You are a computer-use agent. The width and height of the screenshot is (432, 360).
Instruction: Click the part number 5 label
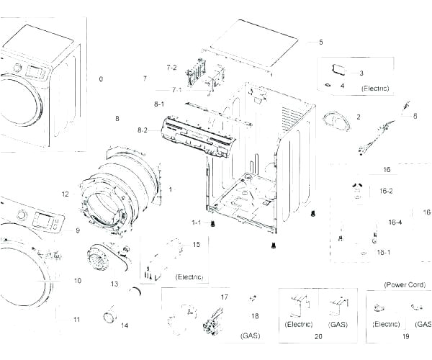coord(321,42)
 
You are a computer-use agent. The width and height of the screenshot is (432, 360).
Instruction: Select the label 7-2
coord(171,68)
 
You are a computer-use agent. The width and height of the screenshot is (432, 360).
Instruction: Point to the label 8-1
coord(159,104)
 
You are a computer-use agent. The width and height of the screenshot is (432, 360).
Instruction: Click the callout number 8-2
coord(143,130)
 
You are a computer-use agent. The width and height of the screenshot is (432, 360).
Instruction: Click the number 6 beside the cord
coord(415,115)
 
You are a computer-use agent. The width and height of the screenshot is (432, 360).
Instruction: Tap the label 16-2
coord(386,191)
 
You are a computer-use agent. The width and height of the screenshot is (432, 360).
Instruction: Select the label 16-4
coord(395,222)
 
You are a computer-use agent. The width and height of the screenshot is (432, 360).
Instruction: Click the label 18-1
coord(384,252)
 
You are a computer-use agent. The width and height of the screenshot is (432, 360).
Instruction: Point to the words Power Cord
coord(405,285)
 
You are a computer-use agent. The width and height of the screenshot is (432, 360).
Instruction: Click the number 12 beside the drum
coord(65,194)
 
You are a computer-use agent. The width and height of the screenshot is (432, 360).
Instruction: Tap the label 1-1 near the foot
coord(196,222)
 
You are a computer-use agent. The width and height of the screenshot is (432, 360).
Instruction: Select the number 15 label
coord(196,246)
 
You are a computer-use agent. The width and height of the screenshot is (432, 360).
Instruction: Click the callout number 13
coord(114,284)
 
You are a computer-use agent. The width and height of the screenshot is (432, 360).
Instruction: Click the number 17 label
coord(224,297)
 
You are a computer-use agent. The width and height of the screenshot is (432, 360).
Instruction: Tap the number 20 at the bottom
coord(318,336)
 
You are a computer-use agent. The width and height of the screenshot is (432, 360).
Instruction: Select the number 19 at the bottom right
coord(405,336)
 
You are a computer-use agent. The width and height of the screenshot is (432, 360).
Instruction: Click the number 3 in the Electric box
coord(361,73)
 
